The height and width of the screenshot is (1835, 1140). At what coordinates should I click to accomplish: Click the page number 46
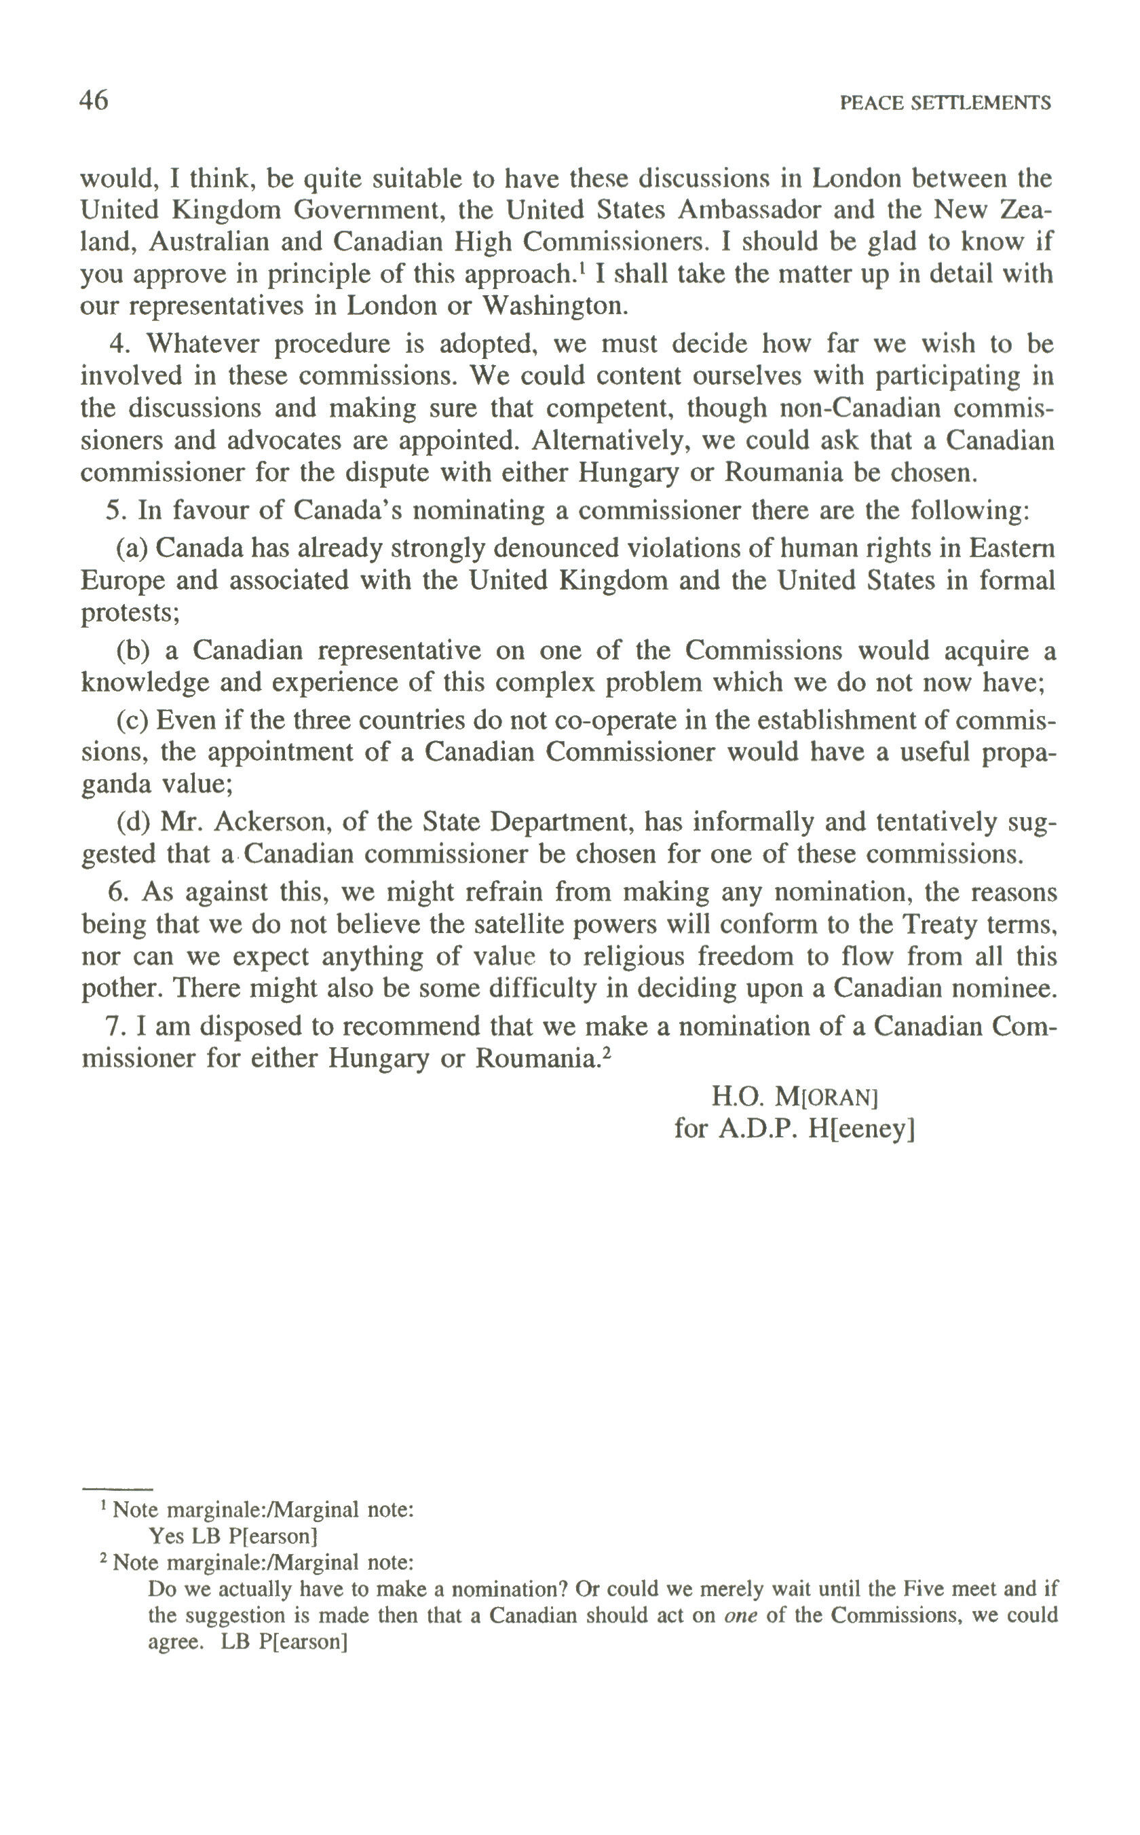pos(94,101)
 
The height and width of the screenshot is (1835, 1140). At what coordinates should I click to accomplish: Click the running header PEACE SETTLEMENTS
pos(945,103)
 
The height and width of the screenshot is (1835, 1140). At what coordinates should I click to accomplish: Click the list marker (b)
pos(134,651)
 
